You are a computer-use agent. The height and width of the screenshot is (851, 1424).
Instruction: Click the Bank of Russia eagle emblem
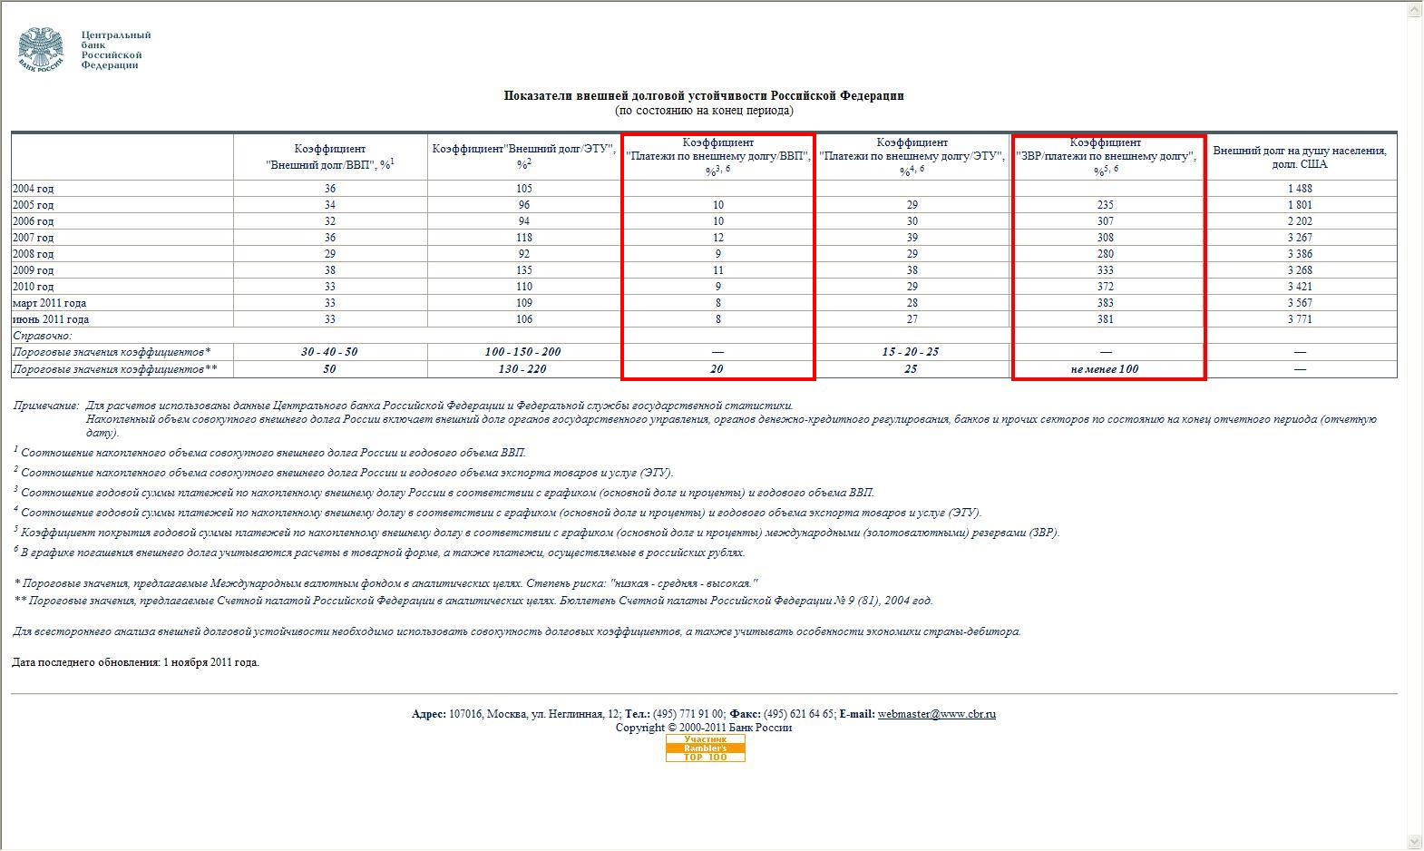click(41, 49)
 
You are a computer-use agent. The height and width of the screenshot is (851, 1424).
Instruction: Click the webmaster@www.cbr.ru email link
click(936, 714)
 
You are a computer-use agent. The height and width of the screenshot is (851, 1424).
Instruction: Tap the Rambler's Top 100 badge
click(705, 748)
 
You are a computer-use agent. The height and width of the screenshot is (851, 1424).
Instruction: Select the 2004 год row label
click(33, 189)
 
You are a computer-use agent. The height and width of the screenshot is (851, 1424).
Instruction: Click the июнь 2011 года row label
click(51, 319)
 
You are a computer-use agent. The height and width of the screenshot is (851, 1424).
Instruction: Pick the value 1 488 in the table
click(1299, 189)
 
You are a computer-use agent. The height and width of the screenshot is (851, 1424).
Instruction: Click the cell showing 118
click(523, 238)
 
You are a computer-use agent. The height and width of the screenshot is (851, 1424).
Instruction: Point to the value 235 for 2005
click(1105, 205)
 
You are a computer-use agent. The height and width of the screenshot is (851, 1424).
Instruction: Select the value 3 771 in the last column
click(1299, 319)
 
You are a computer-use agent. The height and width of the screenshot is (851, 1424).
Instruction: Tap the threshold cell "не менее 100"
click(1104, 369)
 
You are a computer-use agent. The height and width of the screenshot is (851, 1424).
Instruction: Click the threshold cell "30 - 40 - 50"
click(329, 352)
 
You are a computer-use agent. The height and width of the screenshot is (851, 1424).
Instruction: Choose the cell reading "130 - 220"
click(522, 369)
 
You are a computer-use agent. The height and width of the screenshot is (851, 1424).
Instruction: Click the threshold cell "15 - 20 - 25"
click(911, 352)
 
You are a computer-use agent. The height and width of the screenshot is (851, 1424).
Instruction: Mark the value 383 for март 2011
click(1105, 303)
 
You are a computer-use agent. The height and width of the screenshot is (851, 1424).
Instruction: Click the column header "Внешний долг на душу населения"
click(1299, 157)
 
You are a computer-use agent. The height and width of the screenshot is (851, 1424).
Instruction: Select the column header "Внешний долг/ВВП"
click(329, 157)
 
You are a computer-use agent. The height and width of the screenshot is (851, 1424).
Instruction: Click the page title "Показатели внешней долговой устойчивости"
click(704, 96)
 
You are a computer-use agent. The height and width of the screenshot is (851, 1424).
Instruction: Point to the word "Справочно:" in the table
click(42, 336)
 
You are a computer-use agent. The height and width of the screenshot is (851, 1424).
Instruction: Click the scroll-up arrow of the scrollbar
click(1414, 8)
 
